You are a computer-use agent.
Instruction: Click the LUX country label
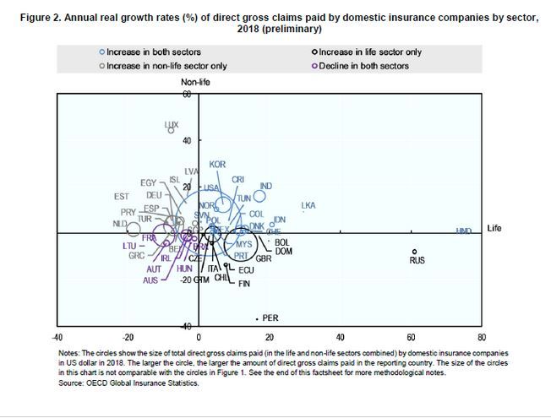pyautogui.click(x=172, y=124)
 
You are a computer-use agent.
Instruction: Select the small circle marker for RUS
pyautogui.click(x=415, y=251)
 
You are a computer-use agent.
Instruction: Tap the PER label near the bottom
pyautogui.click(x=271, y=318)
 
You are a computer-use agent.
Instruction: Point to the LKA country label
pyautogui.click(x=308, y=205)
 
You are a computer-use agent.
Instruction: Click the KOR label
pyautogui.click(x=217, y=164)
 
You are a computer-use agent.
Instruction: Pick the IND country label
pyautogui.click(x=266, y=186)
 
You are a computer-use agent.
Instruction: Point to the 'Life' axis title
pyautogui.click(x=494, y=228)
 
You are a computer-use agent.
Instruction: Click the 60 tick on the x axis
pyautogui.click(x=411, y=334)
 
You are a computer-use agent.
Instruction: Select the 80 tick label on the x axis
pyautogui.click(x=481, y=334)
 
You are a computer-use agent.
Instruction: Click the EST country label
pyautogui.click(x=121, y=197)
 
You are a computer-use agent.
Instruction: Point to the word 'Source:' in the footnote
pyautogui.click(x=72, y=383)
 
